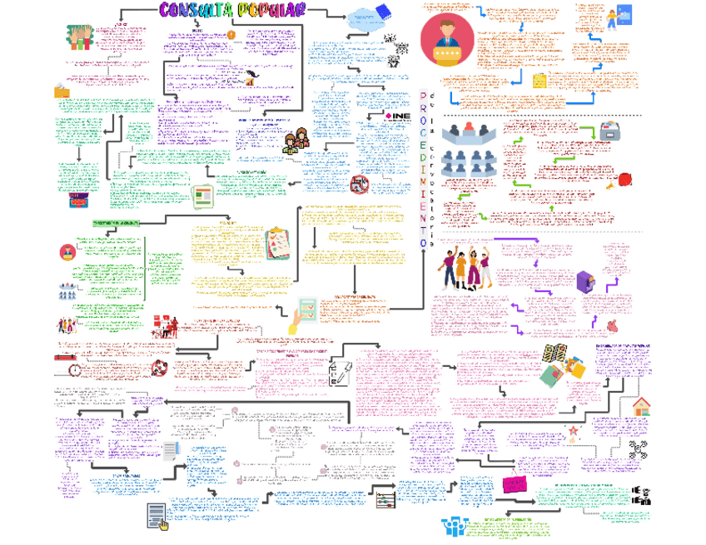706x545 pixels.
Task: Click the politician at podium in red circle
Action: (446, 39)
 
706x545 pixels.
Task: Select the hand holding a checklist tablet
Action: (301, 315)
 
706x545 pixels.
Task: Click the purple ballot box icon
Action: (587, 281)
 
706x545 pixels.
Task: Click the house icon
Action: (641, 406)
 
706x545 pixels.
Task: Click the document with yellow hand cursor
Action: (157, 516)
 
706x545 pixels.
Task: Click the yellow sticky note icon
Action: (539, 82)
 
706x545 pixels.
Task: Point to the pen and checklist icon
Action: (338, 372)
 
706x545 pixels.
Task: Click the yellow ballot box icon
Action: (62, 92)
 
